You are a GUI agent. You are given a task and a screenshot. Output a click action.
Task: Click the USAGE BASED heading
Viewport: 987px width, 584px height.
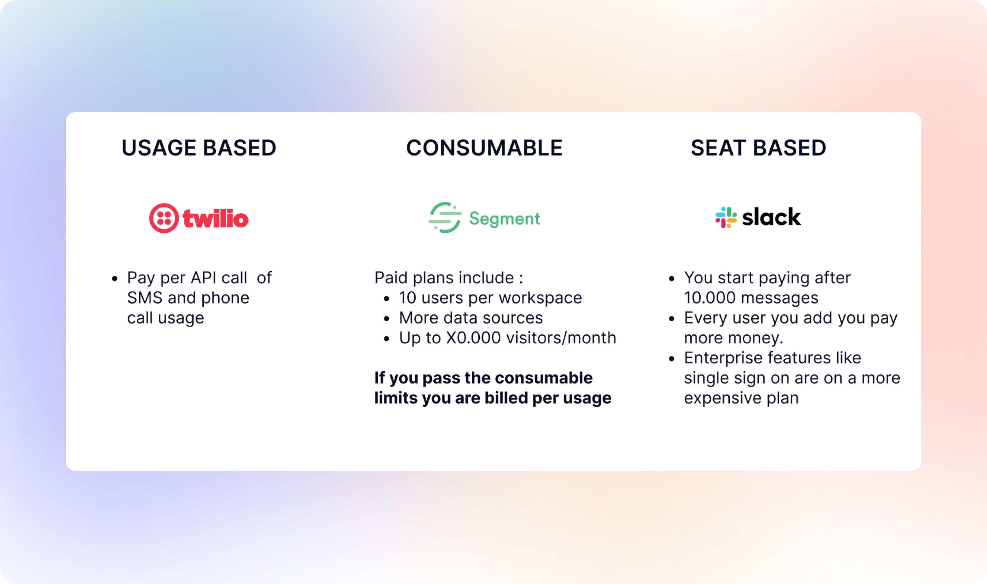coord(199,148)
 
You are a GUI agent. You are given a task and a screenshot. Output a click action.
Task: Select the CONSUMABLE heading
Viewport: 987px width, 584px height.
coord(484,148)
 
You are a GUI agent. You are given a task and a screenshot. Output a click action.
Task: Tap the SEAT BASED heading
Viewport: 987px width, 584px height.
coord(758,148)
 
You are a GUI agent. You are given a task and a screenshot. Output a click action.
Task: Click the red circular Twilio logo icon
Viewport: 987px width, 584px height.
coord(164,218)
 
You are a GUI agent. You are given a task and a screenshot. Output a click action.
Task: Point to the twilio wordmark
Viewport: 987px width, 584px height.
coord(216,218)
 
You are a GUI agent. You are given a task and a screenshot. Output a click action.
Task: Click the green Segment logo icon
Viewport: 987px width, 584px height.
coord(445,217)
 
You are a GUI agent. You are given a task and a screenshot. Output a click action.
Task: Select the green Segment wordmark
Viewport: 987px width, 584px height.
coord(505,219)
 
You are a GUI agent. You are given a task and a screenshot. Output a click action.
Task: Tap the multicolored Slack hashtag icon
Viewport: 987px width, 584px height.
coord(726,217)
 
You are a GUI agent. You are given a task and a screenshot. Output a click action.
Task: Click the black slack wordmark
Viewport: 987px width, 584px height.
coord(771,217)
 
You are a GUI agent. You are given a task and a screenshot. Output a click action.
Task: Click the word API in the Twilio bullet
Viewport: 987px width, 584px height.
coord(204,278)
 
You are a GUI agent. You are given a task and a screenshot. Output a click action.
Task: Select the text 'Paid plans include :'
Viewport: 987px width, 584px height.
coord(449,278)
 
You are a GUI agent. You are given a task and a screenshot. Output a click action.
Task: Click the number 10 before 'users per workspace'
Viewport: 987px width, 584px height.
coord(407,298)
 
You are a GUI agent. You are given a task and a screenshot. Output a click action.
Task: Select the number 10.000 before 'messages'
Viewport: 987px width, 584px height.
coord(710,298)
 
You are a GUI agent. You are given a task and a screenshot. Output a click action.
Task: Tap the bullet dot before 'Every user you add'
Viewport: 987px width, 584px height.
coord(672,319)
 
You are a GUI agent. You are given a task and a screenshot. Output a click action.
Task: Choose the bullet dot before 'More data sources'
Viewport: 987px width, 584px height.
coord(387,319)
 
